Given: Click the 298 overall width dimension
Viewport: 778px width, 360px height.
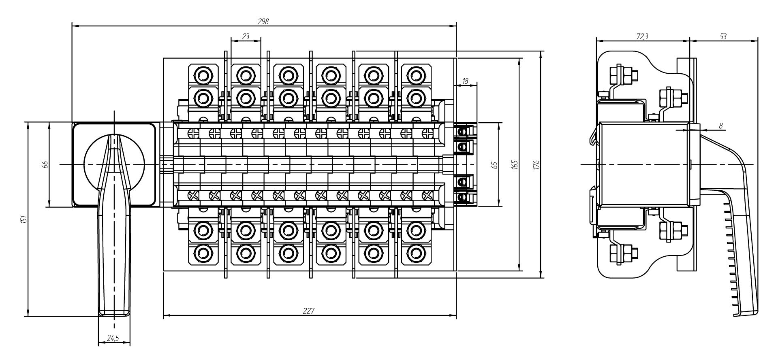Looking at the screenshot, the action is (x=263, y=21).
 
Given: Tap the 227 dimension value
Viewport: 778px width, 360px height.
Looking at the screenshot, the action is (x=309, y=311).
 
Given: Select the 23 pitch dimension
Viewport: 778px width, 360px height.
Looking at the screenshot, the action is (x=246, y=36).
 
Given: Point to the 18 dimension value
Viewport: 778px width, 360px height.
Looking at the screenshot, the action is (x=465, y=81).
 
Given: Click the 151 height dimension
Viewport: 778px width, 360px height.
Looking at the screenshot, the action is (x=24, y=219).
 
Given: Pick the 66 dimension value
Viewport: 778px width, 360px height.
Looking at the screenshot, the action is (x=45, y=164).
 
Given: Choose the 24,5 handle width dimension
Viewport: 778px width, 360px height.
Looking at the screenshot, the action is (x=113, y=338).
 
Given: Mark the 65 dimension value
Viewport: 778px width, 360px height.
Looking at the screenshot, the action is (x=494, y=165).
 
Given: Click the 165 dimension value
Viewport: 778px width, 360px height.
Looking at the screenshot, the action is (x=515, y=165).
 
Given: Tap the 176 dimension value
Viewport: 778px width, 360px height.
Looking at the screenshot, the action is (x=536, y=165).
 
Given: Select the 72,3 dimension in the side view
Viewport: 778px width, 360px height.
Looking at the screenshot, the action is (x=642, y=36).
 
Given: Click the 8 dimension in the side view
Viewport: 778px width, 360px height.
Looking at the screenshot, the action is (x=720, y=126).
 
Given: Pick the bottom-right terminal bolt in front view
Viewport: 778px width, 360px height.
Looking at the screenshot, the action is (x=414, y=252).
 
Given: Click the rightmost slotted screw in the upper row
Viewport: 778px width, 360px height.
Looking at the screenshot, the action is (x=426, y=132).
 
